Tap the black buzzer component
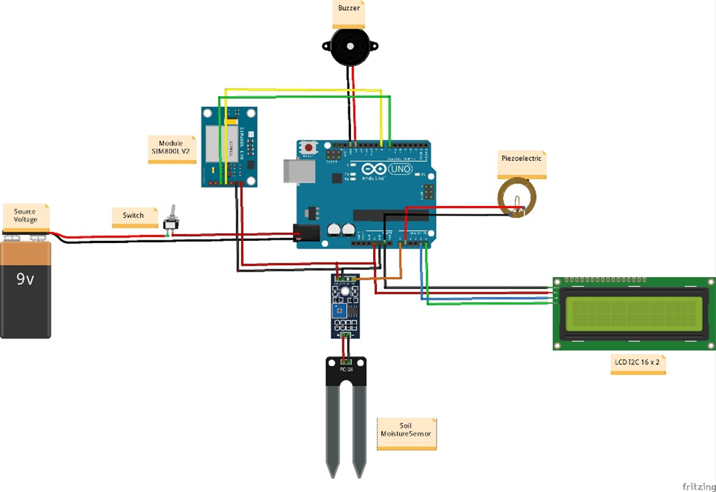coord(350,47)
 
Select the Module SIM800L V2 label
coord(171,148)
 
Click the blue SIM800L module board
coord(229,146)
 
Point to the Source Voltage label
coord(25,216)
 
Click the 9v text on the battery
coord(25,280)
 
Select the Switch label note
coord(134,216)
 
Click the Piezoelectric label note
coord(521,160)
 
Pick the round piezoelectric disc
coord(517,198)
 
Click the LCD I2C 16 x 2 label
coord(638,364)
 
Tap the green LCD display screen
coord(634,314)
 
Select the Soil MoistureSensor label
coord(406,431)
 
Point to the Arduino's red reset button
coord(308,146)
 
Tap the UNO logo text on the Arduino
coord(400,170)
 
